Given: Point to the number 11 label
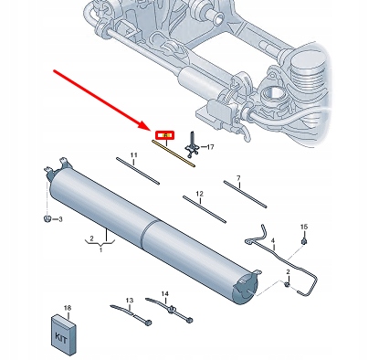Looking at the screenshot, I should tap(132, 156).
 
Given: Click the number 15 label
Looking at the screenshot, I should tap(305, 226).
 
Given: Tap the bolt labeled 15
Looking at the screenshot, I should tap(305, 240).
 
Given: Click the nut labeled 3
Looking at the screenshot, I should tap(46, 219).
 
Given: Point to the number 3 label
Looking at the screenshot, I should tap(59, 220).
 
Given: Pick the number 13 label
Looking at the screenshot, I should tap(130, 301).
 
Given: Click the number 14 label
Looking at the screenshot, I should tap(165, 293).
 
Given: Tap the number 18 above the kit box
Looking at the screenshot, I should tap(67, 310).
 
